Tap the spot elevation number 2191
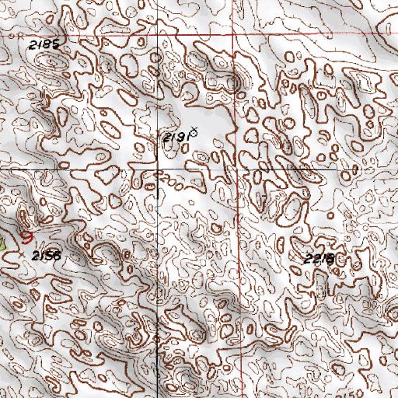tap(175, 138)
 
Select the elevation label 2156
tap(46, 255)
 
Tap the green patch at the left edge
tap(2, 243)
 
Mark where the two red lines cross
tap(238, 36)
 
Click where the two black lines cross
tap(158, 168)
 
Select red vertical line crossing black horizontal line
tap(238, 168)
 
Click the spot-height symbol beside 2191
tap(192, 134)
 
